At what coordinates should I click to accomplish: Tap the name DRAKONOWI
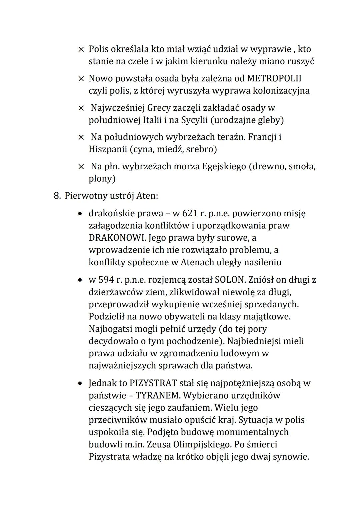click(117, 238)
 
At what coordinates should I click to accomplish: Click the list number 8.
click(57, 196)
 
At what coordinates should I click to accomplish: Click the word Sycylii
click(194, 120)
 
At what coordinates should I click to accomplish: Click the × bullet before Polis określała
click(81, 50)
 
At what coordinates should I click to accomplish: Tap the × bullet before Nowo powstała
click(81, 79)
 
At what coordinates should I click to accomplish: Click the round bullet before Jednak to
click(80, 384)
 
